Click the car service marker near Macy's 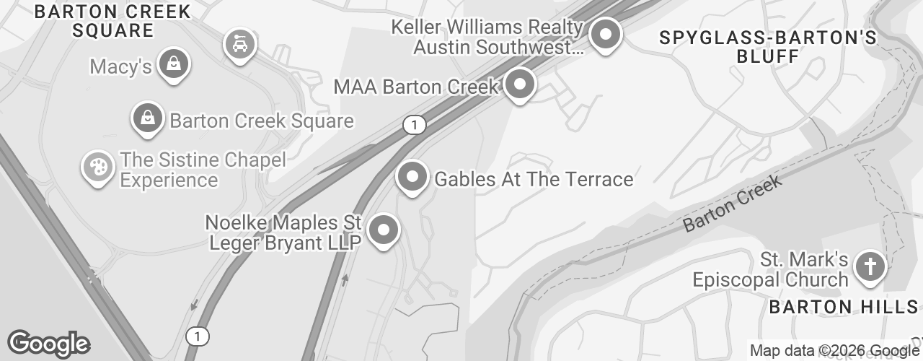(237, 45)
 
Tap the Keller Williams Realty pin (606, 34)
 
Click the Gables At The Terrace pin (412, 176)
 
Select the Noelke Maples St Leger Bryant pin (384, 230)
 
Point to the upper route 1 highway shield (414, 125)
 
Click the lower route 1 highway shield (197, 336)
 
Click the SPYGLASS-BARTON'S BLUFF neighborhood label (769, 47)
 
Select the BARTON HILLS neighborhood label (843, 307)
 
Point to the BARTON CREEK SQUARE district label (112, 21)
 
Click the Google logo (48, 344)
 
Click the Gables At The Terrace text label (534, 179)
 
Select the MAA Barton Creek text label (416, 87)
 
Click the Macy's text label (120, 67)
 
